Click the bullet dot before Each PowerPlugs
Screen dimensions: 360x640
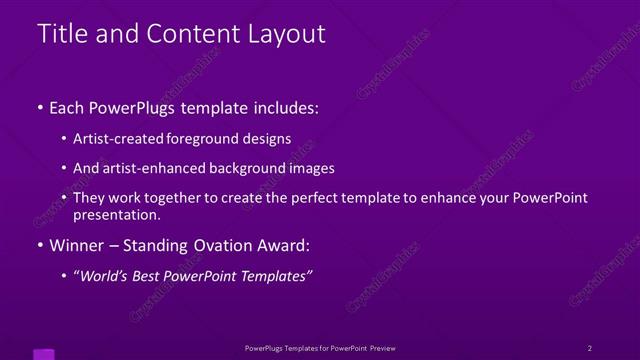[40, 107]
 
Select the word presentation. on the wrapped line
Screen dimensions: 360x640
[117, 214]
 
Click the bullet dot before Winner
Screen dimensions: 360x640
[40, 246]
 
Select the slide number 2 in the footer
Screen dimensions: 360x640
[589, 348]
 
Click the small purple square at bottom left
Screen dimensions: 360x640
[44, 354]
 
